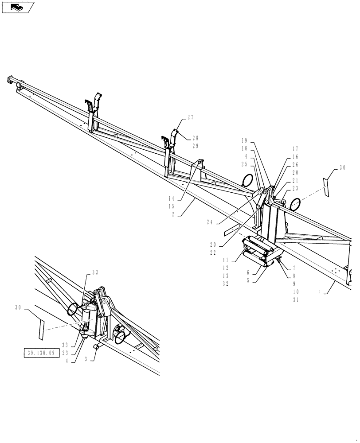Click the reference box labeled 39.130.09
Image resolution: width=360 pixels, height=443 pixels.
[40, 353]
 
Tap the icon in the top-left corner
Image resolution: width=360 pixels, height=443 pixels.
[18, 7]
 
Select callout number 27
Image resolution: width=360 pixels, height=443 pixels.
[190, 117]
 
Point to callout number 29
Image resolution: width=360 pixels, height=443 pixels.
[196, 146]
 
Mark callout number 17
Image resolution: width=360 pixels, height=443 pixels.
[295, 149]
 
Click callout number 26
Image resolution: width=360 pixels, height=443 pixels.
[295, 165]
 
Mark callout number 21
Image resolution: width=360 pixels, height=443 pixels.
[295, 180]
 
